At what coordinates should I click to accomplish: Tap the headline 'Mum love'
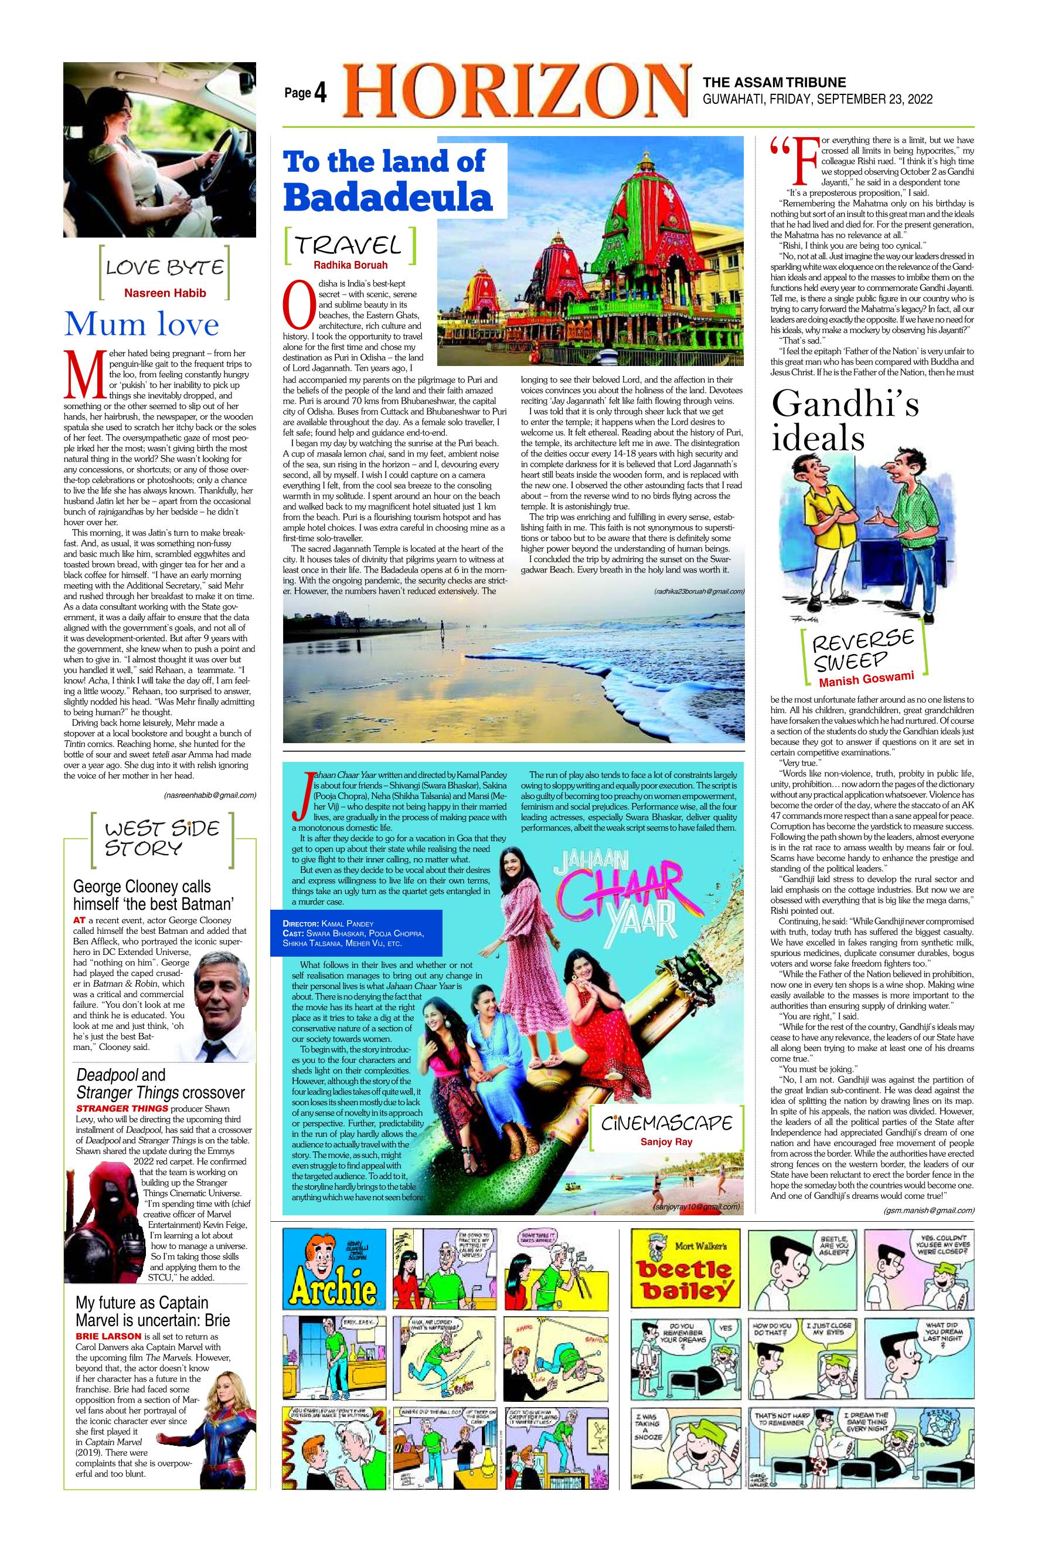tap(141, 324)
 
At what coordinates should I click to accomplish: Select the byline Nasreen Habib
tap(165, 293)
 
